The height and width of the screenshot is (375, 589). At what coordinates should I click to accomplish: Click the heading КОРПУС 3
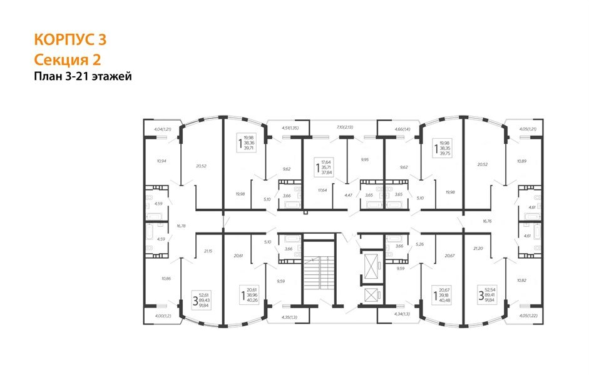coord(69,40)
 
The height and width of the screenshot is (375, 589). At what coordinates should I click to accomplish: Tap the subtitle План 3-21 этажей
coord(83,77)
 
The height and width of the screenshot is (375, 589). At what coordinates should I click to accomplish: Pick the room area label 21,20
coord(479,248)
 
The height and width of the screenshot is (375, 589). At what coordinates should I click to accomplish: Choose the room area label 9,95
coord(365,159)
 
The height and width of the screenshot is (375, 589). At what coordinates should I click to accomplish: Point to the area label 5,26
coord(420,244)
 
